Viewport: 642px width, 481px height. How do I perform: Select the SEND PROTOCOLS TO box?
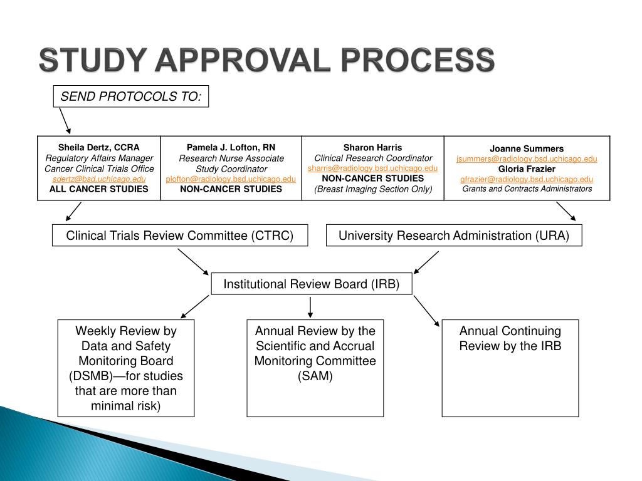(130, 96)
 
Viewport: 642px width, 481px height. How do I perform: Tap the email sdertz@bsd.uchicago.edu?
(99, 179)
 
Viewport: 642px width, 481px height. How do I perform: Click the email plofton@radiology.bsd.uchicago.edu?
(231, 179)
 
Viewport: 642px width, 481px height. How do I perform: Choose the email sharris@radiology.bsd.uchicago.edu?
(372, 168)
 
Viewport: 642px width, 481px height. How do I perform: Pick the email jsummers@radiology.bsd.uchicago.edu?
(527, 159)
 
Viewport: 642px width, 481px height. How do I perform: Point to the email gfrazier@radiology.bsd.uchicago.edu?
(527, 179)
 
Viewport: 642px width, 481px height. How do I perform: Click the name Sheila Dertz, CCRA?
(99, 148)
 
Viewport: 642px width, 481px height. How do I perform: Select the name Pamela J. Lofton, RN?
(231, 148)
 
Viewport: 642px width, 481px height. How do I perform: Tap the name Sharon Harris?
(372, 148)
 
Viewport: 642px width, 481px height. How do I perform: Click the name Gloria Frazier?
(527, 169)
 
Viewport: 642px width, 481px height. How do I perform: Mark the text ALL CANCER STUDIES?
(99, 189)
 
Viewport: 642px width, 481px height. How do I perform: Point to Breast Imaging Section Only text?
(372, 189)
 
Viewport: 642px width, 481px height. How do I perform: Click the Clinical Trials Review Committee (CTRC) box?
(180, 235)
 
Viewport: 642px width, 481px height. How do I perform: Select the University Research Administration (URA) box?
(454, 235)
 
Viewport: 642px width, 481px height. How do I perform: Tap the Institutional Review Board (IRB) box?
(312, 284)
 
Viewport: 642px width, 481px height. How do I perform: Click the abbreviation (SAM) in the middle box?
(315, 376)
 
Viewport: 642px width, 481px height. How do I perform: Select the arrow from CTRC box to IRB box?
(192, 261)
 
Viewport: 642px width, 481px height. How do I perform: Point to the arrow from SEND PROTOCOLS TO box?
(65, 120)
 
